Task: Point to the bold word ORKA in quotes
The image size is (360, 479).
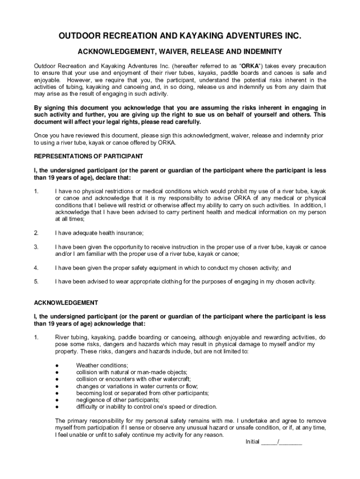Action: [x=249, y=66]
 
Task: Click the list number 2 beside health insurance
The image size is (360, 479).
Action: [x=36, y=233]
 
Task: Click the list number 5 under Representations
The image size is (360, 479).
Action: [x=36, y=282]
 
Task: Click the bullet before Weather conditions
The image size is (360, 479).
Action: [x=57, y=365]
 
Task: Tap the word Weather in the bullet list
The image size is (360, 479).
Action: [x=88, y=365]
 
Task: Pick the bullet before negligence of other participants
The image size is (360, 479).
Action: [x=57, y=400]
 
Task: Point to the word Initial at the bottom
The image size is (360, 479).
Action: [x=252, y=442]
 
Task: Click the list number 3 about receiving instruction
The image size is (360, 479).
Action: [x=36, y=247]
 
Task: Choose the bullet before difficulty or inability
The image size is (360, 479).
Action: [x=57, y=407]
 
